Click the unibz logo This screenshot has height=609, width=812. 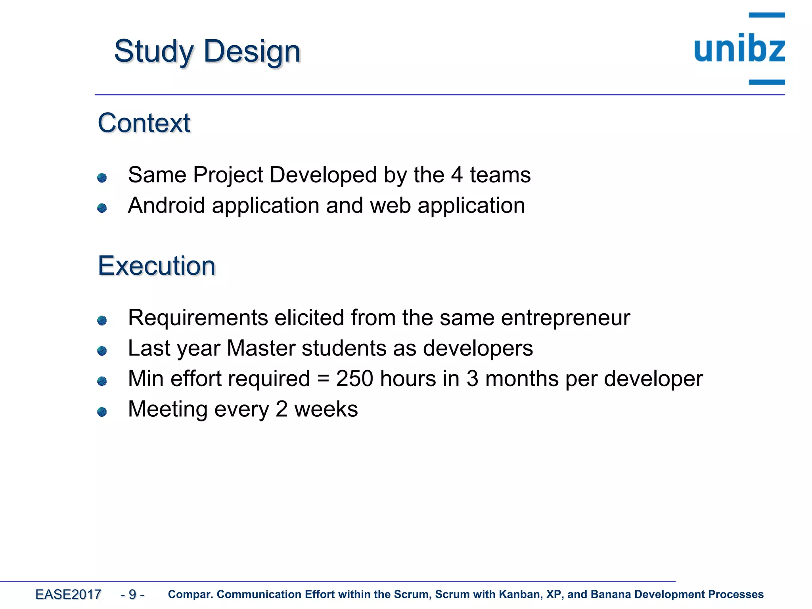point(739,49)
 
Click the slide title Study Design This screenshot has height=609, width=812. point(207,52)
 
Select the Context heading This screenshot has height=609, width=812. point(144,123)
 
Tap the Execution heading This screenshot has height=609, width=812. point(157,266)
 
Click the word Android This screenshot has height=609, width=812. point(167,205)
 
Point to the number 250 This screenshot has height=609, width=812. point(354,379)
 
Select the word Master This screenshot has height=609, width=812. point(261,349)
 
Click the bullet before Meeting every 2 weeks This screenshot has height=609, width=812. point(102,412)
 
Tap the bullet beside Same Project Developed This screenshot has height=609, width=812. point(102,177)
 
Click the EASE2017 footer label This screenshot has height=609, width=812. point(68,594)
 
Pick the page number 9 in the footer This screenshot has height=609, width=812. point(132,594)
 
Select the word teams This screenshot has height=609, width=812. point(500,175)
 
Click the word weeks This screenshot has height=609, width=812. point(326,409)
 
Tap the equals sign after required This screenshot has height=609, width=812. point(323,379)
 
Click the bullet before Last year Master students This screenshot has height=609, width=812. point(102,351)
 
